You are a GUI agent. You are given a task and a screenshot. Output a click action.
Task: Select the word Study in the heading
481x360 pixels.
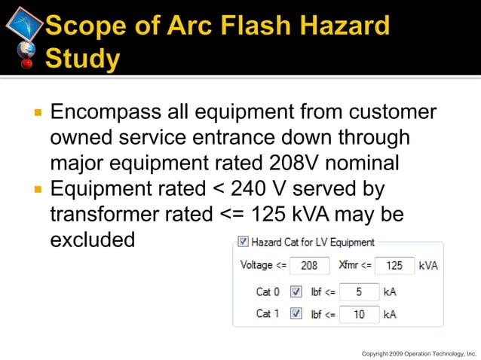(x=82, y=58)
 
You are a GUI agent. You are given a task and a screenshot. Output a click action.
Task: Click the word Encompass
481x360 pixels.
(x=103, y=113)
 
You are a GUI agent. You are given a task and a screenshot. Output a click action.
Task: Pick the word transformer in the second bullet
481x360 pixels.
(x=103, y=214)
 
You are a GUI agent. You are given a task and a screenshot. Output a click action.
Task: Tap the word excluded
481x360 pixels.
(x=92, y=239)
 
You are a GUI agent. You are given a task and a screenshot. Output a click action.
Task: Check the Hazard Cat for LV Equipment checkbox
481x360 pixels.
(x=243, y=242)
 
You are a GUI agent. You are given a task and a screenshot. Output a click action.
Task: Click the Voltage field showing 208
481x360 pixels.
(x=309, y=265)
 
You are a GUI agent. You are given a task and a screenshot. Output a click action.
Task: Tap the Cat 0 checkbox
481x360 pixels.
(x=296, y=291)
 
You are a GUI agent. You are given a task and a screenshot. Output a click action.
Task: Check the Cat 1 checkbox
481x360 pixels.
(x=296, y=313)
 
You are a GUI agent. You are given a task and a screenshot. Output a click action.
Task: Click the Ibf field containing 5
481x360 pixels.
(x=359, y=291)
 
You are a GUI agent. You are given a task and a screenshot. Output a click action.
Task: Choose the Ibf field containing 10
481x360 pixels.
(x=359, y=314)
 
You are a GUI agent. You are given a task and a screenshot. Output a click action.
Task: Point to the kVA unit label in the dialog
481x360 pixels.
(x=428, y=265)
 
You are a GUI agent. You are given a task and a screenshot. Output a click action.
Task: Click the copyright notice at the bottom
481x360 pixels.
(x=418, y=352)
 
